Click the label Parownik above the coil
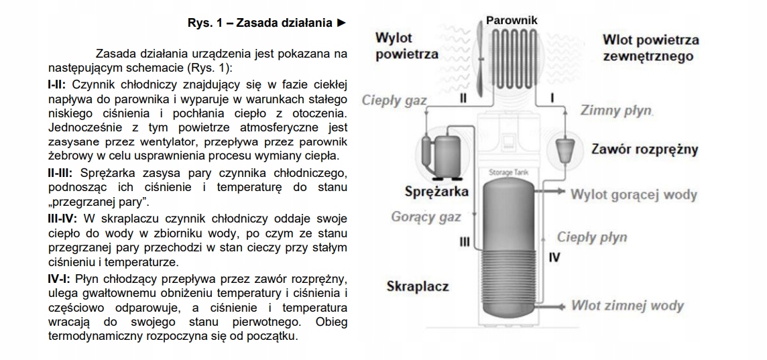click(x=512, y=20)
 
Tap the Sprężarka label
click(x=436, y=192)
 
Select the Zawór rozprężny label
click(x=644, y=149)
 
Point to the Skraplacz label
click(x=417, y=287)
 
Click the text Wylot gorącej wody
click(x=634, y=195)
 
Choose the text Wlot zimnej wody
click(x=627, y=306)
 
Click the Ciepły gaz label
click(x=394, y=101)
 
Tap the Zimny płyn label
click(x=616, y=110)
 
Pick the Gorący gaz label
click(x=426, y=217)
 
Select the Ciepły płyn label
click(x=592, y=237)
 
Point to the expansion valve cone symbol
click(x=567, y=149)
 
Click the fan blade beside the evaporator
click(x=479, y=60)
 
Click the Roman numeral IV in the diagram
click(x=554, y=257)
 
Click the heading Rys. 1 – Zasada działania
click(x=266, y=23)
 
